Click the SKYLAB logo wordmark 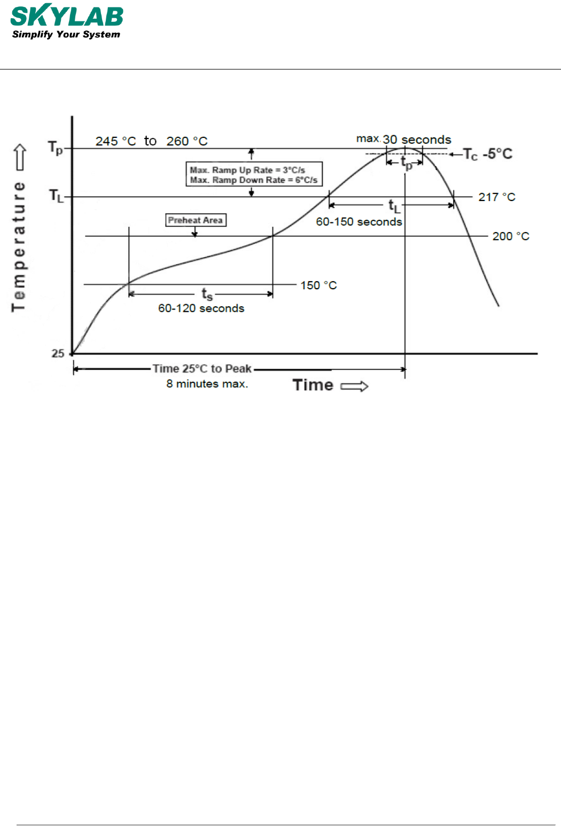click(x=67, y=16)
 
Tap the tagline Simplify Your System click(x=66, y=35)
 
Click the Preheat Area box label click(x=196, y=220)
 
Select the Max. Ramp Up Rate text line click(x=247, y=170)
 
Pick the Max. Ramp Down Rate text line click(x=254, y=180)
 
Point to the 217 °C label click(x=497, y=197)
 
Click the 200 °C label click(x=511, y=236)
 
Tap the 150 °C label click(x=318, y=285)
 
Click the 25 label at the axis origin click(x=58, y=353)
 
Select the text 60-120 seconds click(x=201, y=308)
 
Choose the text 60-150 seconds click(x=359, y=222)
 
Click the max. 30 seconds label click(x=404, y=140)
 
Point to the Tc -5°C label click(x=487, y=155)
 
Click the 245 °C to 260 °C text click(x=152, y=141)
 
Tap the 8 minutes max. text click(x=207, y=384)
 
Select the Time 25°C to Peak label click(x=202, y=369)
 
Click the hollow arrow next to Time click(x=355, y=387)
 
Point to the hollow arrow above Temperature click(x=20, y=157)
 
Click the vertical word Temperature click(x=19, y=246)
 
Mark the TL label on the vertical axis click(x=56, y=196)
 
